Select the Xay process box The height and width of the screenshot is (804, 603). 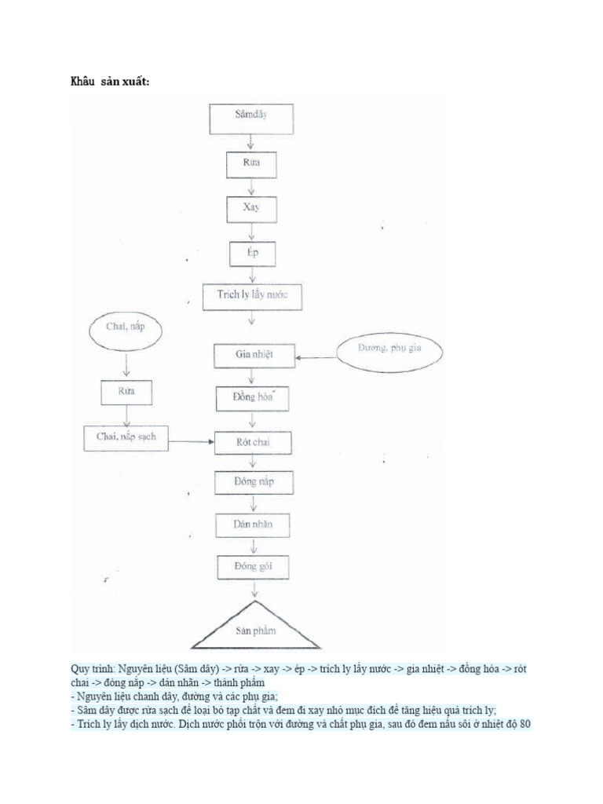point(250,209)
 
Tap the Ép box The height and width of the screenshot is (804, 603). point(250,254)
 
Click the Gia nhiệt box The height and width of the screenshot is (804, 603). point(254,355)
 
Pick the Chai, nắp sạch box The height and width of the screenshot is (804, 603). point(126,438)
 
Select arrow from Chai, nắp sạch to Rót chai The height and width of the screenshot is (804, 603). point(192,442)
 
